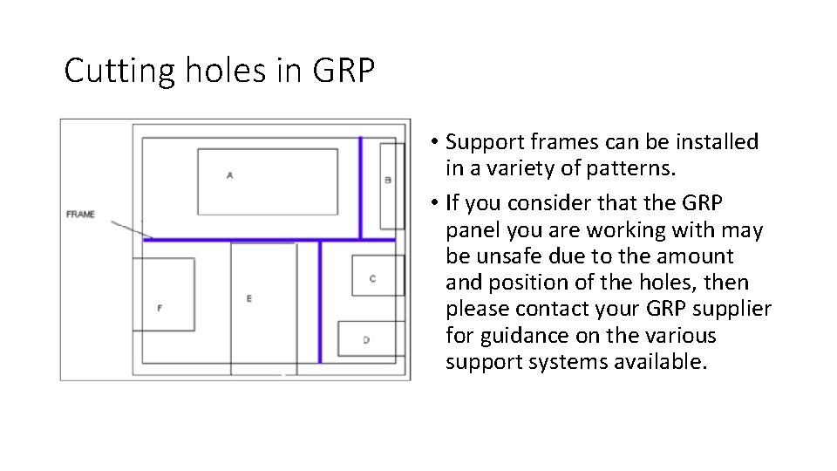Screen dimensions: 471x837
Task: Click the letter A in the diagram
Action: click(229, 175)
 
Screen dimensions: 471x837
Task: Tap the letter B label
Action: click(388, 180)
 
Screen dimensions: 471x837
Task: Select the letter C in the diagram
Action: click(373, 278)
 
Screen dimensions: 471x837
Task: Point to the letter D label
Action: click(366, 339)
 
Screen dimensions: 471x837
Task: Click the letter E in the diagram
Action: click(249, 298)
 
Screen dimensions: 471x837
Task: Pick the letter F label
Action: click(160, 308)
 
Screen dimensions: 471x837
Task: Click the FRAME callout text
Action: click(80, 214)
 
